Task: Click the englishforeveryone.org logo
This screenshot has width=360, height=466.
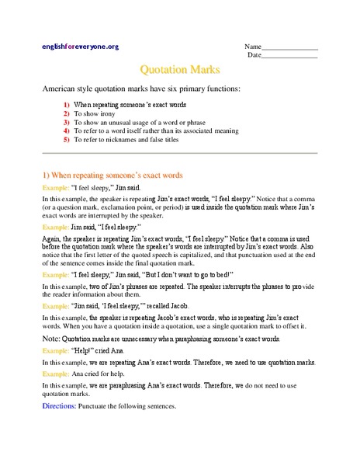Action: click(x=80, y=47)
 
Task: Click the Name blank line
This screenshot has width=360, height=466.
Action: click(x=290, y=49)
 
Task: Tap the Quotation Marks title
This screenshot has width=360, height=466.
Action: click(x=179, y=70)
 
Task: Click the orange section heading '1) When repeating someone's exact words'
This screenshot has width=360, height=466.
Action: click(x=112, y=176)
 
